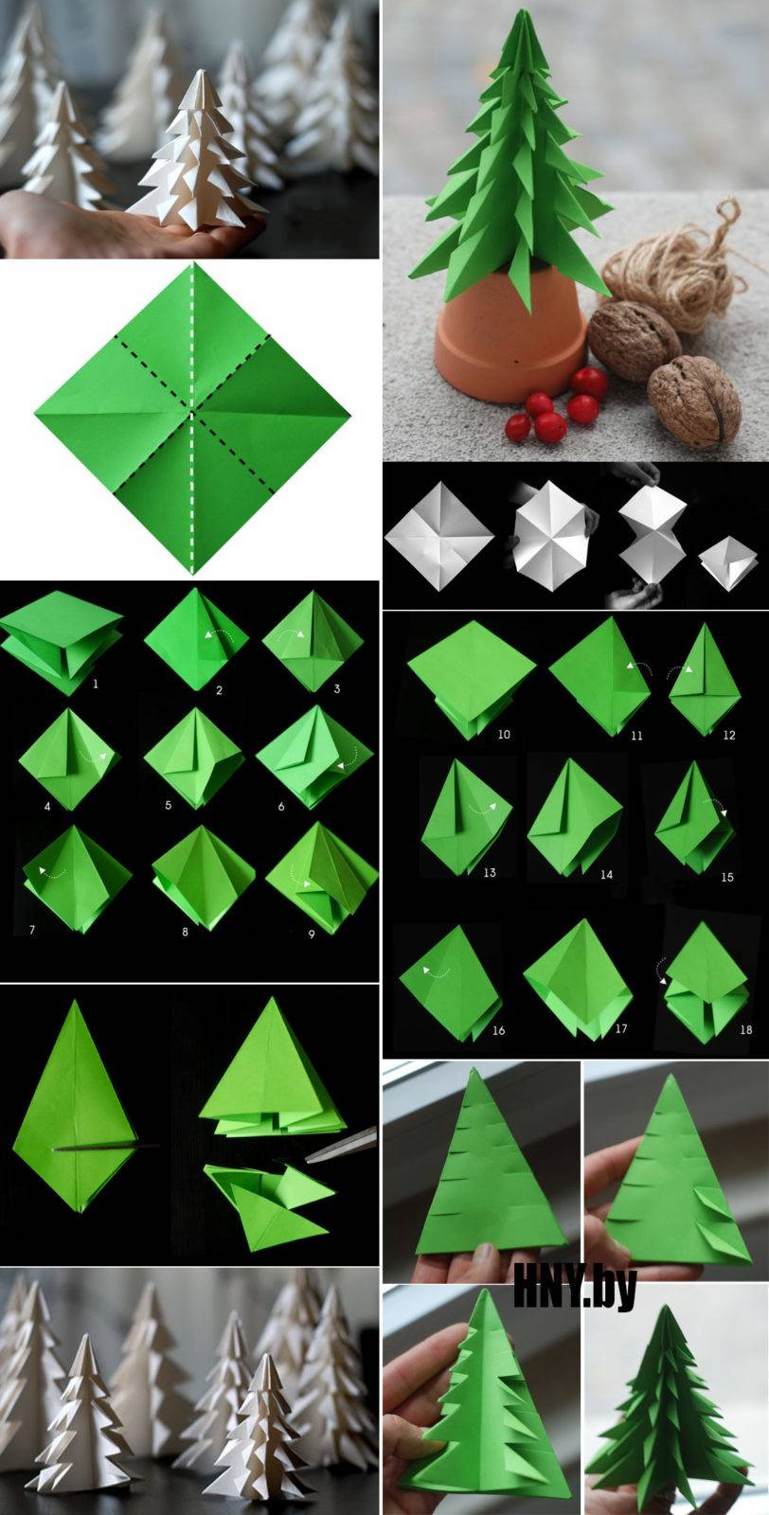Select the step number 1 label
coord(96,684)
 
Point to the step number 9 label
coord(312,934)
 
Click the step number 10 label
coord(504,734)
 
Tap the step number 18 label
coord(745,1029)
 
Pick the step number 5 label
coord(168,805)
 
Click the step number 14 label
coord(606,875)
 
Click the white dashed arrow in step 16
coord(437,971)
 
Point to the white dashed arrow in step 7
coord(52,872)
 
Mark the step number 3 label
coord(337,688)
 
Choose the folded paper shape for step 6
coord(314,757)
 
